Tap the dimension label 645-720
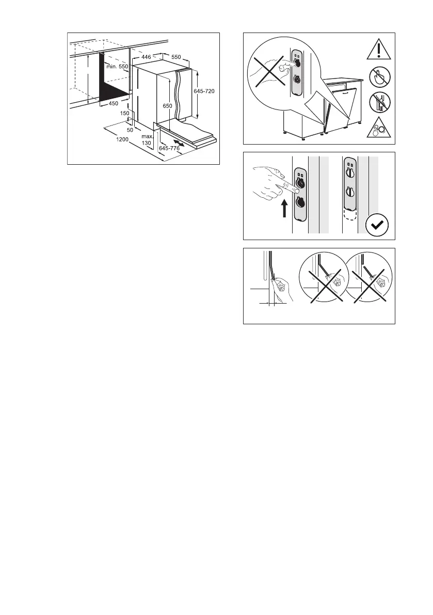pos(204,91)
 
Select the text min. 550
pos(117,67)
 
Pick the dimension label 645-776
pos(169,148)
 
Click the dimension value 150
pos(125,113)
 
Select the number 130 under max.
pos(147,143)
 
